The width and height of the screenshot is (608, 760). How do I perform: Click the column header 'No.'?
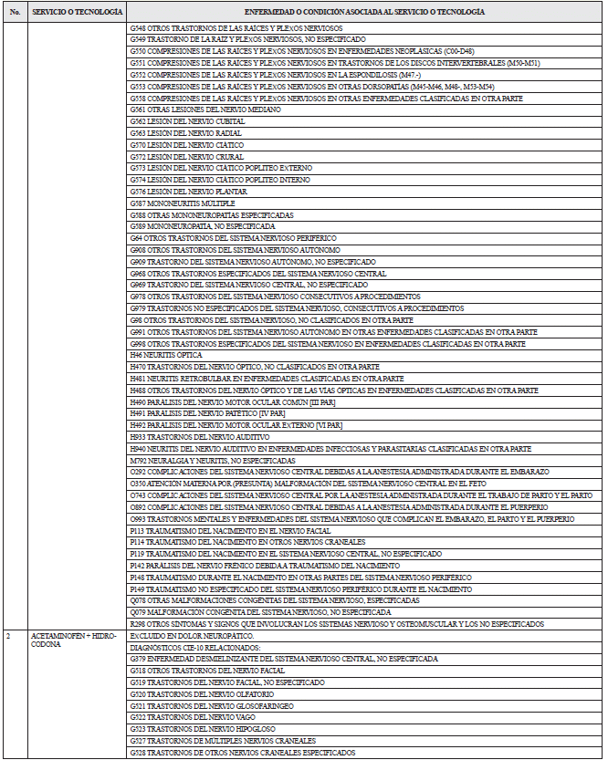pyautogui.click(x=14, y=11)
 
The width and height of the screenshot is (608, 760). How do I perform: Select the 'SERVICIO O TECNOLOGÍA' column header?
pyautogui.click(x=76, y=11)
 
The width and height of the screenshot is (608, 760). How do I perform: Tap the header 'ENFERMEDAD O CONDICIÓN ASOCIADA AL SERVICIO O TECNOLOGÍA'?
pyautogui.click(x=364, y=11)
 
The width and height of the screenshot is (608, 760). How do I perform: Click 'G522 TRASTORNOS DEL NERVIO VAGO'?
pyautogui.click(x=190, y=717)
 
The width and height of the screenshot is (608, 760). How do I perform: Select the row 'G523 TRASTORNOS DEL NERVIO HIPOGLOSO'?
pyautogui.click(x=197, y=729)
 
